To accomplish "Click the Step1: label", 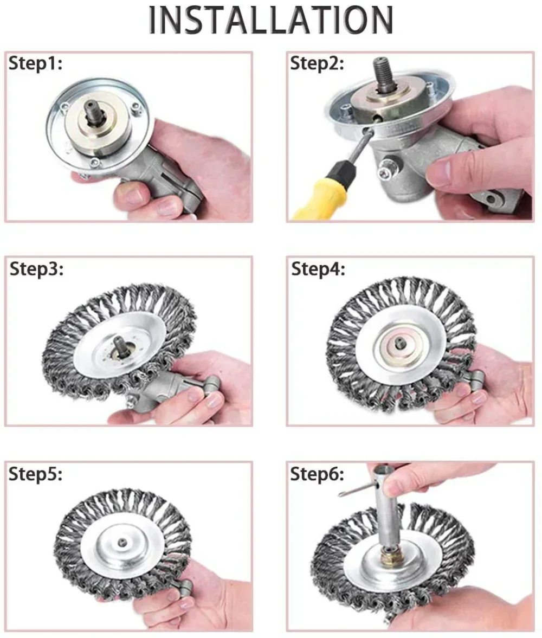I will point(35,63).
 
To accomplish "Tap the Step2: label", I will point(317,63).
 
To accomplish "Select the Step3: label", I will point(36,269).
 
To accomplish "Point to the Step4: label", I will point(318,269).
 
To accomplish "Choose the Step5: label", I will point(35,474).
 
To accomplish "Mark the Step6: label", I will point(317,474).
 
